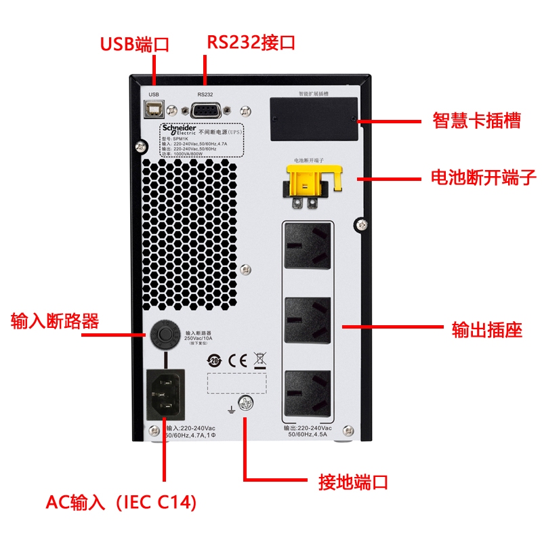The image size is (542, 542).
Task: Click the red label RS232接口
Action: [251, 43]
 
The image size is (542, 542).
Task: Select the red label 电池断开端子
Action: [484, 178]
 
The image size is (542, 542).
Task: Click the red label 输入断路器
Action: [55, 321]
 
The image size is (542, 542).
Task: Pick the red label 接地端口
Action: [353, 482]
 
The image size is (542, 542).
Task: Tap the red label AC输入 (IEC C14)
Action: [121, 503]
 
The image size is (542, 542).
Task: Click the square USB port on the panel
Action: [154, 109]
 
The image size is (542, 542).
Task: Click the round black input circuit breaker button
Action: [163, 334]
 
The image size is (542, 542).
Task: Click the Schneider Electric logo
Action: [178, 129]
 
